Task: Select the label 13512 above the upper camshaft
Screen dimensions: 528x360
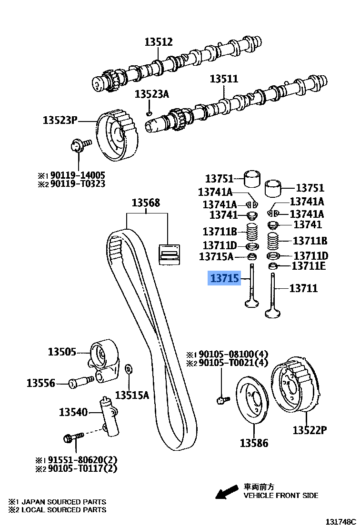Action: (159, 42)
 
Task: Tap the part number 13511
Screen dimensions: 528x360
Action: (224, 79)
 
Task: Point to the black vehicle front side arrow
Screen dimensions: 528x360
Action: (226, 491)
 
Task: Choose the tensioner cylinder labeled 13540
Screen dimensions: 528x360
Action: (108, 414)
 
